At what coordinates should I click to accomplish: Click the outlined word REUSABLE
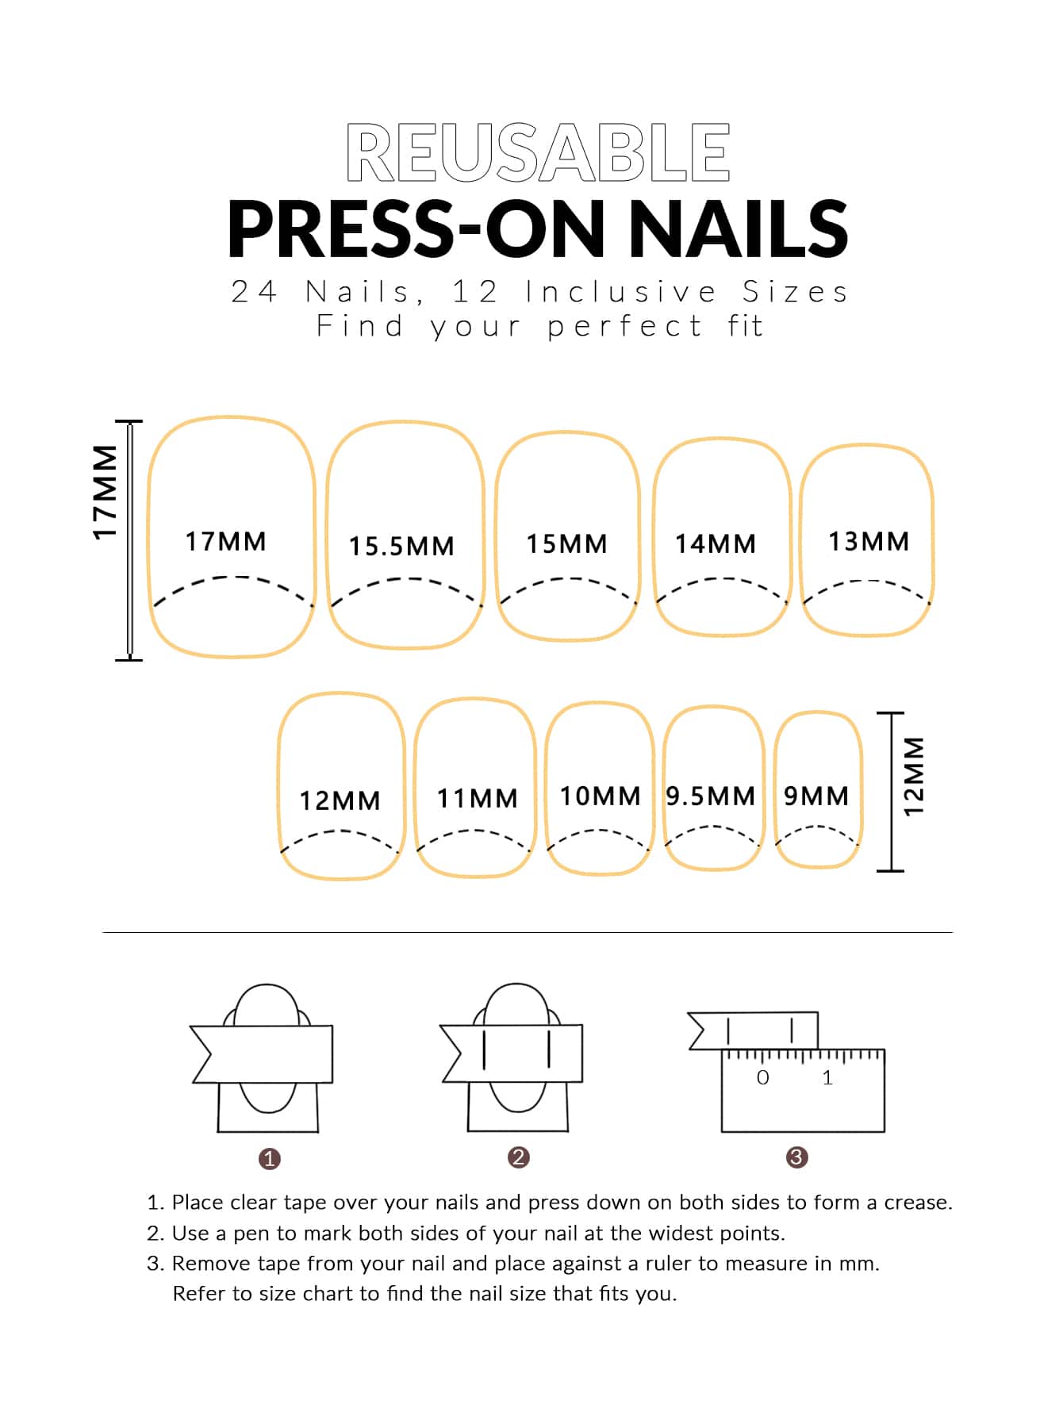click(538, 152)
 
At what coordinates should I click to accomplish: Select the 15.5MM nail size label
click(401, 547)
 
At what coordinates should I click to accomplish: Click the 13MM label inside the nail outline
click(869, 542)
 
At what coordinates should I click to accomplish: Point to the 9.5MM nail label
click(711, 796)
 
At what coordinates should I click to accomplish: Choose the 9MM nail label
click(816, 796)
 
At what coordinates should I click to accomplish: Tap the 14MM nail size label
click(715, 544)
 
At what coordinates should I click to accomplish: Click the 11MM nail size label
click(477, 798)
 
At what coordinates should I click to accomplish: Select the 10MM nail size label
click(600, 796)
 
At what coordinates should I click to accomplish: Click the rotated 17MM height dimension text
click(106, 493)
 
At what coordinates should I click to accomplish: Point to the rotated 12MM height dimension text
click(915, 777)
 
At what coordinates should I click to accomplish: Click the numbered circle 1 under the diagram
click(270, 1159)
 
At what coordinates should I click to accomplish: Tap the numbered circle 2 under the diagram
click(518, 1157)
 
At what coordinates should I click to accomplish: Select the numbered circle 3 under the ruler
click(796, 1157)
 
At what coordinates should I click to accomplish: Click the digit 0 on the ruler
click(763, 1077)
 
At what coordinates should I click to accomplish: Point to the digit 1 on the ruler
click(827, 1077)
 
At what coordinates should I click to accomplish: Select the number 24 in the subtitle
click(254, 292)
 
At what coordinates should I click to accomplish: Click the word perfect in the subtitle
click(624, 327)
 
